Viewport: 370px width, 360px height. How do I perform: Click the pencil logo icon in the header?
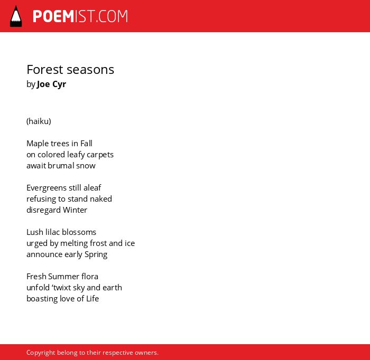tap(16, 16)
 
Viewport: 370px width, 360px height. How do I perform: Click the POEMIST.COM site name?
tap(80, 16)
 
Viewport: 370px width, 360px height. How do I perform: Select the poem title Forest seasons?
tap(70, 70)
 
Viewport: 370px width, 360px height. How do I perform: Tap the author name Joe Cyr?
tap(51, 84)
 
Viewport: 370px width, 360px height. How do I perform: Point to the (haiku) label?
tap(39, 121)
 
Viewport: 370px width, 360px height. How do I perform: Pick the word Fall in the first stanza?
tap(86, 143)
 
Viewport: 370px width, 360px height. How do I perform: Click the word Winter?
tap(75, 210)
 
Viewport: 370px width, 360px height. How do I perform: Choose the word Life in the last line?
tap(92, 299)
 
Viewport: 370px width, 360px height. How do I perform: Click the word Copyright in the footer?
tap(41, 353)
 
